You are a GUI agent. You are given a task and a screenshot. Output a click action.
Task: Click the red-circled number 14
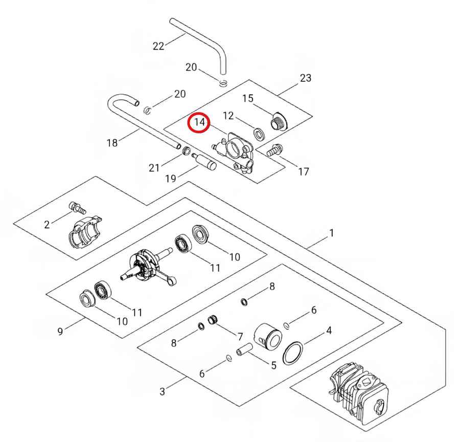pos(198,123)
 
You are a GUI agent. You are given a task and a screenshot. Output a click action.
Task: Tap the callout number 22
pos(158,46)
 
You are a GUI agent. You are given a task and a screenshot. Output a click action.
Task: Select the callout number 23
pos(305,78)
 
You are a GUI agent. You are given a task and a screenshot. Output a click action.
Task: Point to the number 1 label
pos(331,233)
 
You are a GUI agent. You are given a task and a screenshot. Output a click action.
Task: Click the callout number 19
pos(170,179)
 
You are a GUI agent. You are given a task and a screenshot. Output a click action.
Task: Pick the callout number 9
pos(60,331)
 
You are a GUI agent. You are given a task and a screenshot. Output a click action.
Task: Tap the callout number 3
pos(162,392)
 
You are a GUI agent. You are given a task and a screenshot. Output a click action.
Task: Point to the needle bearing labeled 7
pos(212,321)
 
